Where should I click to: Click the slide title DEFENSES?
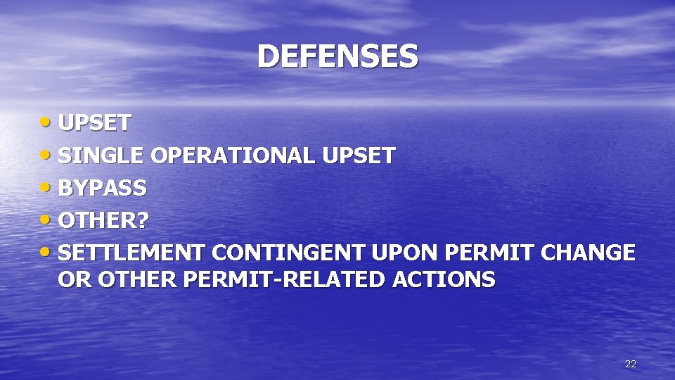click(x=337, y=56)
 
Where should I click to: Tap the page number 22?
click(x=630, y=364)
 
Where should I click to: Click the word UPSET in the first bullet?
click(x=95, y=123)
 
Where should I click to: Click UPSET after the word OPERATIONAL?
click(x=359, y=156)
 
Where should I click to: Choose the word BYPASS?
click(x=103, y=188)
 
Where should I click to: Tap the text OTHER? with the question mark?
click(x=104, y=221)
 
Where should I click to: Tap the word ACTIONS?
click(x=444, y=279)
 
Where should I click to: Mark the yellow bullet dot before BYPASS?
click(x=48, y=186)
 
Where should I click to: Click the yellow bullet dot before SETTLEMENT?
click(x=48, y=251)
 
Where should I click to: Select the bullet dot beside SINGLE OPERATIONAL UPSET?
click(x=48, y=154)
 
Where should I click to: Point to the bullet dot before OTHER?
click(x=48, y=220)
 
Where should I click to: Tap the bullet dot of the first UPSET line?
click(x=48, y=122)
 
